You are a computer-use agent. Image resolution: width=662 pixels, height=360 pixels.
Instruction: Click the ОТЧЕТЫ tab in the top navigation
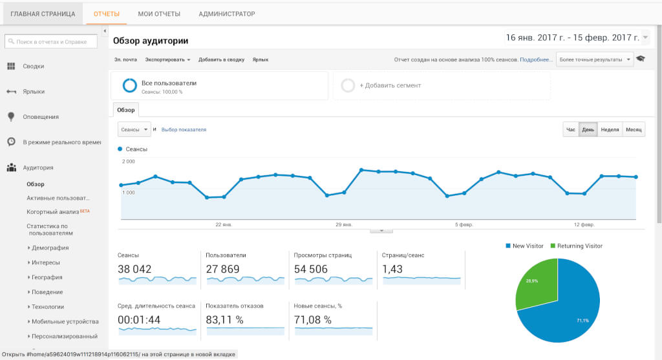click(107, 14)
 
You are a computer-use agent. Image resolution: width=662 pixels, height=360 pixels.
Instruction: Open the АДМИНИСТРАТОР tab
click(227, 14)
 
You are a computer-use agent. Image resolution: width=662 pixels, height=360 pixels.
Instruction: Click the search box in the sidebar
click(51, 41)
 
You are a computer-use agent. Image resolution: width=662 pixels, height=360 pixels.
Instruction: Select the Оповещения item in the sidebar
click(41, 117)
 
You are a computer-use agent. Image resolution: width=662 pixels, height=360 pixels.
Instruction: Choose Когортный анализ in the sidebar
click(53, 212)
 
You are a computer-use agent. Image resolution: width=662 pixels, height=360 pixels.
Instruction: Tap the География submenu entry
click(47, 277)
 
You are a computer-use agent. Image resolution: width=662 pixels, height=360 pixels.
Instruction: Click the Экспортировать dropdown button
click(167, 59)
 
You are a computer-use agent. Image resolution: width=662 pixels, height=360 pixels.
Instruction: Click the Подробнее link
click(536, 59)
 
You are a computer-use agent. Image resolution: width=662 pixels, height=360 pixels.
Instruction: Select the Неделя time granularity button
click(610, 129)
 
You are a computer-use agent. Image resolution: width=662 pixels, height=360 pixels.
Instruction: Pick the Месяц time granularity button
click(634, 129)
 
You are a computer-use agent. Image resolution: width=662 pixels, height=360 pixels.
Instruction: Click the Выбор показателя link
click(184, 129)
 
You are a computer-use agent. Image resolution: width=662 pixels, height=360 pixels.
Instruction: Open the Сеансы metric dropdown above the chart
click(134, 129)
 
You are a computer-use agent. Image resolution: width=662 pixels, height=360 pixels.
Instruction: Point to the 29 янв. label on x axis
click(344, 224)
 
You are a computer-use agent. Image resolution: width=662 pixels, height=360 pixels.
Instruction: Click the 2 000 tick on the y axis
click(129, 161)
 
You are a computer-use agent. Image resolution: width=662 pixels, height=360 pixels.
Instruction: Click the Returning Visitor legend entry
click(576, 246)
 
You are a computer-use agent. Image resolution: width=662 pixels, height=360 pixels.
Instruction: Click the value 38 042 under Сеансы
click(134, 269)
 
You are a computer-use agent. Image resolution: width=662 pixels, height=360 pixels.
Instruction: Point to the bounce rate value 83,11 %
click(224, 320)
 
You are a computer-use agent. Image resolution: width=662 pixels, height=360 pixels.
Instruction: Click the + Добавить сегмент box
click(442, 85)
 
